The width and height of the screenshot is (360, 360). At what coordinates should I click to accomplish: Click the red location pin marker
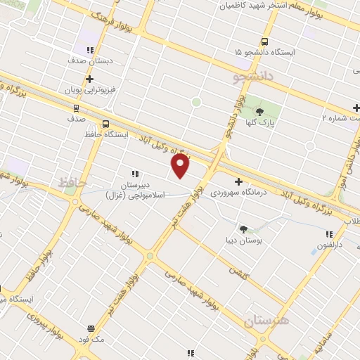181,165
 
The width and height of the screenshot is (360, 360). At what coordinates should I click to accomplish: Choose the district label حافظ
71,182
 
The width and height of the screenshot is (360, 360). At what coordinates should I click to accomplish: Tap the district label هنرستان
267,322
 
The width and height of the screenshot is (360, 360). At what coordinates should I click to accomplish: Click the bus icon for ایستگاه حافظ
105,124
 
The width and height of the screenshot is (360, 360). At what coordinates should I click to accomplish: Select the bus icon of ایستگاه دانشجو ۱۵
264,42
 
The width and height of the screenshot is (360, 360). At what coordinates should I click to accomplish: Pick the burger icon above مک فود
91,328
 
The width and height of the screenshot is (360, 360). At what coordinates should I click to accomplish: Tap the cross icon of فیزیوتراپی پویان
90,79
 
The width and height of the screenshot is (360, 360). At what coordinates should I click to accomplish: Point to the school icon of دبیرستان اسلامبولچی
134,174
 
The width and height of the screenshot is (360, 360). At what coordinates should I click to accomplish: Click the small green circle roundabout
196,102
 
